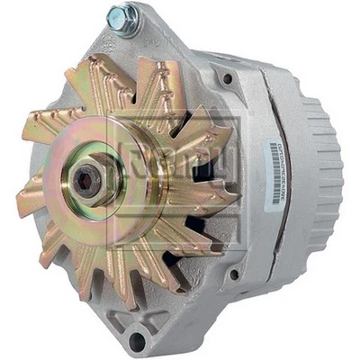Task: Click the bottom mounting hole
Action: coord(137,339)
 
